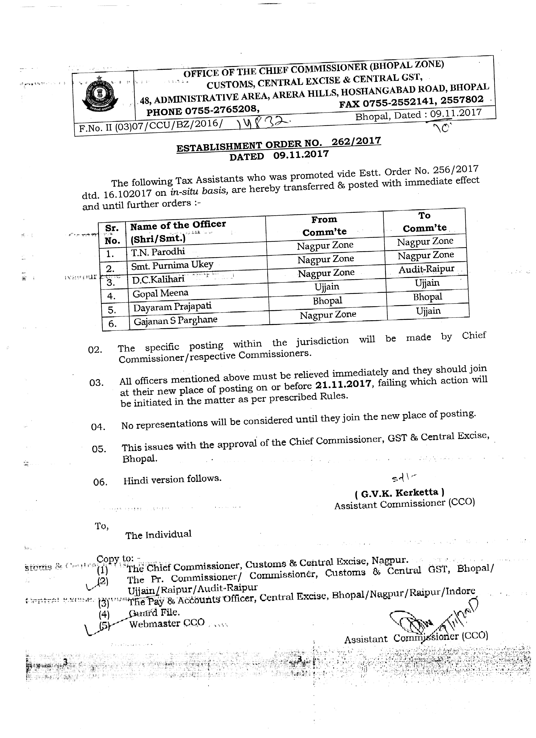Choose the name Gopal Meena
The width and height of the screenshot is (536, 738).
point(160,294)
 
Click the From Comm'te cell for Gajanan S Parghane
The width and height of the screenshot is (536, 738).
point(328,315)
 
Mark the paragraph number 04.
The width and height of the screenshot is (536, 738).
point(98,427)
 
